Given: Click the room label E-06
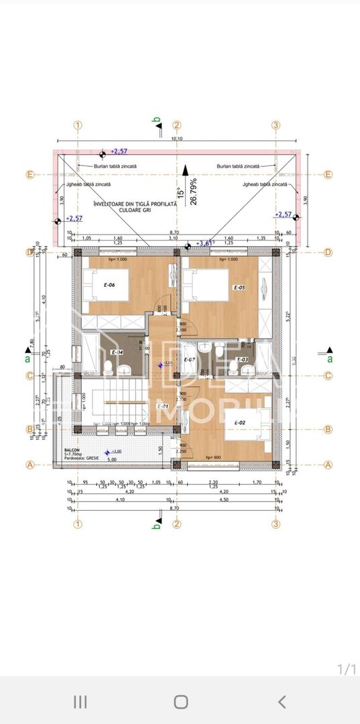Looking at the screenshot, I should coord(109,285).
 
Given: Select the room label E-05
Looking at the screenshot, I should coord(239,288).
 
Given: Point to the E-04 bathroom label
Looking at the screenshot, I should coord(117,352).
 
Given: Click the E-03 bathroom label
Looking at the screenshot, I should coord(242,360).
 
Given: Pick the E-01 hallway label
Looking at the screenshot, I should coord(162,406).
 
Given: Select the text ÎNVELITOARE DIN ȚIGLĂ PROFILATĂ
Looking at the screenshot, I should coord(135,203).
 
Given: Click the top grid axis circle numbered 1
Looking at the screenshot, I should coord(78,125).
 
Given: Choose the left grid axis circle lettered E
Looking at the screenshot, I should coord(29,175).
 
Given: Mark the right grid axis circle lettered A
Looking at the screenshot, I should coord(328,464).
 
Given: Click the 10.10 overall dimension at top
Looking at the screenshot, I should coord(177,139).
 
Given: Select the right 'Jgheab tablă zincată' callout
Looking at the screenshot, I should coord(265,184).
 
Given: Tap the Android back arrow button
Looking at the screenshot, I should coord(282,702).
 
